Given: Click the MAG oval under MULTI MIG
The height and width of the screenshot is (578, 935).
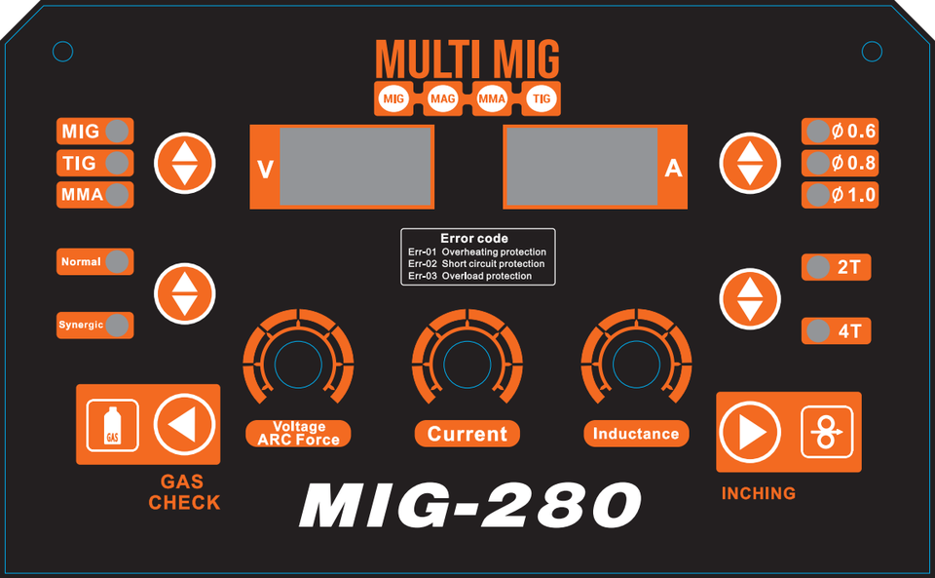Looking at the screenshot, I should pyautogui.click(x=442, y=98).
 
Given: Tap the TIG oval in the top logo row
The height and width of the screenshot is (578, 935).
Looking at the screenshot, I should pyautogui.click(x=542, y=98).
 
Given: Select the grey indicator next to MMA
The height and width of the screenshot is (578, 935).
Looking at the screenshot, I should pyautogui.click(x=118, y=195).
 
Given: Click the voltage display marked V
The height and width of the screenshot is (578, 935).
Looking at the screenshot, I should pyautogui.click(x=355, y=167).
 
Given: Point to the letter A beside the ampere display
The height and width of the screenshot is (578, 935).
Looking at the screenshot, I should pyautogui.click(x=673, y=169).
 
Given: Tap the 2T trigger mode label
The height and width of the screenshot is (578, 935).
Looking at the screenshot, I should pyautogui.click(x=848, y=267).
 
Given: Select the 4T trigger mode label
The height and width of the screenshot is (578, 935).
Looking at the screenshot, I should pyautogui.click(x=848, y=331).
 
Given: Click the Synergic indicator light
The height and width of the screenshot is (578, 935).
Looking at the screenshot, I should pyautogui.click(x=118, y=325).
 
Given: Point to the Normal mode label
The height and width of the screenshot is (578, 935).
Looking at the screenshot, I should pyautogui.click(x=81, y=262).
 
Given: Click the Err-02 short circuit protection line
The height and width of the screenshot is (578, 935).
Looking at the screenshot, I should pyautogui.click(x=477, y=264).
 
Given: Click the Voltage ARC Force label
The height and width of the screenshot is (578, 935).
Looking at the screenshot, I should pyautogui.click(x=299, y=434).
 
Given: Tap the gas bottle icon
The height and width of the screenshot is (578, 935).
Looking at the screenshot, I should pyautogui.click(x=113, y=426).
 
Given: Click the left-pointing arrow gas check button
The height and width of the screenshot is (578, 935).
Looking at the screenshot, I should pyautogui.click(x=184, y=424).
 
